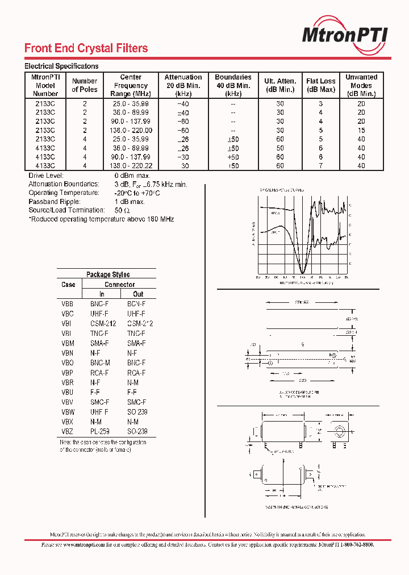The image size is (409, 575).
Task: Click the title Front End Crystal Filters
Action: (x=86, y=48)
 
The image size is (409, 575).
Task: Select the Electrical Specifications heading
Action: (x=61, y=66)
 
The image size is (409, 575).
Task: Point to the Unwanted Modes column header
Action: (x=361, y=85)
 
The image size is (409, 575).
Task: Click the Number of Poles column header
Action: (x=85, y=85)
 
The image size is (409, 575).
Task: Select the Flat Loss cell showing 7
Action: (x=321, y=166)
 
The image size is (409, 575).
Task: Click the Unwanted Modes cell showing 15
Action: (x=361, y=131)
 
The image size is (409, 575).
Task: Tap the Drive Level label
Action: (x=47, y=176)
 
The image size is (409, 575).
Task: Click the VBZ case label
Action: (x=68, y=432)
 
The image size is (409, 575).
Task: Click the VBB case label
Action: (x=68, y=305)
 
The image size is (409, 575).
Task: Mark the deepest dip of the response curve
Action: (x=303, y=271)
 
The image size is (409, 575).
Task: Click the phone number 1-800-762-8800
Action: (x=353, y=544)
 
